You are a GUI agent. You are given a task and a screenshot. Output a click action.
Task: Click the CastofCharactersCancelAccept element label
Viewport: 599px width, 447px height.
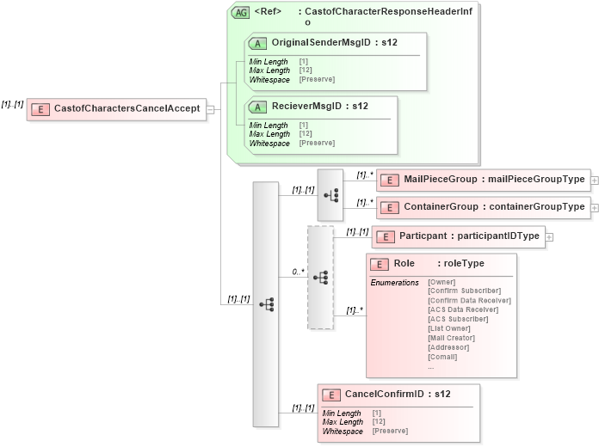(x=127, y=108)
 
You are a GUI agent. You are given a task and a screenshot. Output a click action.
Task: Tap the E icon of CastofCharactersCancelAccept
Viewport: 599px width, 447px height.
(x=40, y=108)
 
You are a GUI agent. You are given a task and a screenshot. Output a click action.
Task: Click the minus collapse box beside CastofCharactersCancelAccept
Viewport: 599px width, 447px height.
(x=211, y=109)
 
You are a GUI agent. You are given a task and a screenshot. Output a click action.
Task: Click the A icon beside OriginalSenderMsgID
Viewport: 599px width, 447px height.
(x=257, y=42)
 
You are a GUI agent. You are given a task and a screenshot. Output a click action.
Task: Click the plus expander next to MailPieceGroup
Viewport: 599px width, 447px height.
(x=594, y=181)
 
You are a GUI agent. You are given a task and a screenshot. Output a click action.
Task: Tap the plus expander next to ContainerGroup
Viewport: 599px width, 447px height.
(x=594, y=207)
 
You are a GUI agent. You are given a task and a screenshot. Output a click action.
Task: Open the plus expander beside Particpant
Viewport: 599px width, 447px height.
(x=549, y=236)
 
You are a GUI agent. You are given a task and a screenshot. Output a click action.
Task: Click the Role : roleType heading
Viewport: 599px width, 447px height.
(x=438, y=264)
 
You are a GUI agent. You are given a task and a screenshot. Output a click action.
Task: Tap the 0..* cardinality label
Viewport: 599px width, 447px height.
(x=298, y=271)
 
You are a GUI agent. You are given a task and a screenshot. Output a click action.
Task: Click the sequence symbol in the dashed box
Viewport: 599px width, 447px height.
(x=320, y=278)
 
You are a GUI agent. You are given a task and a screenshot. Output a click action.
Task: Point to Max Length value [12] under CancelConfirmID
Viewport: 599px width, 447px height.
(x=379, y=422)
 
